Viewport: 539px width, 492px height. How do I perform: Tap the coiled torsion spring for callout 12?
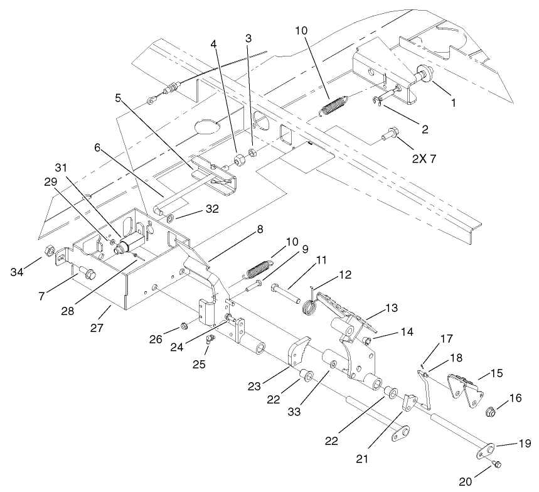(308, 306)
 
